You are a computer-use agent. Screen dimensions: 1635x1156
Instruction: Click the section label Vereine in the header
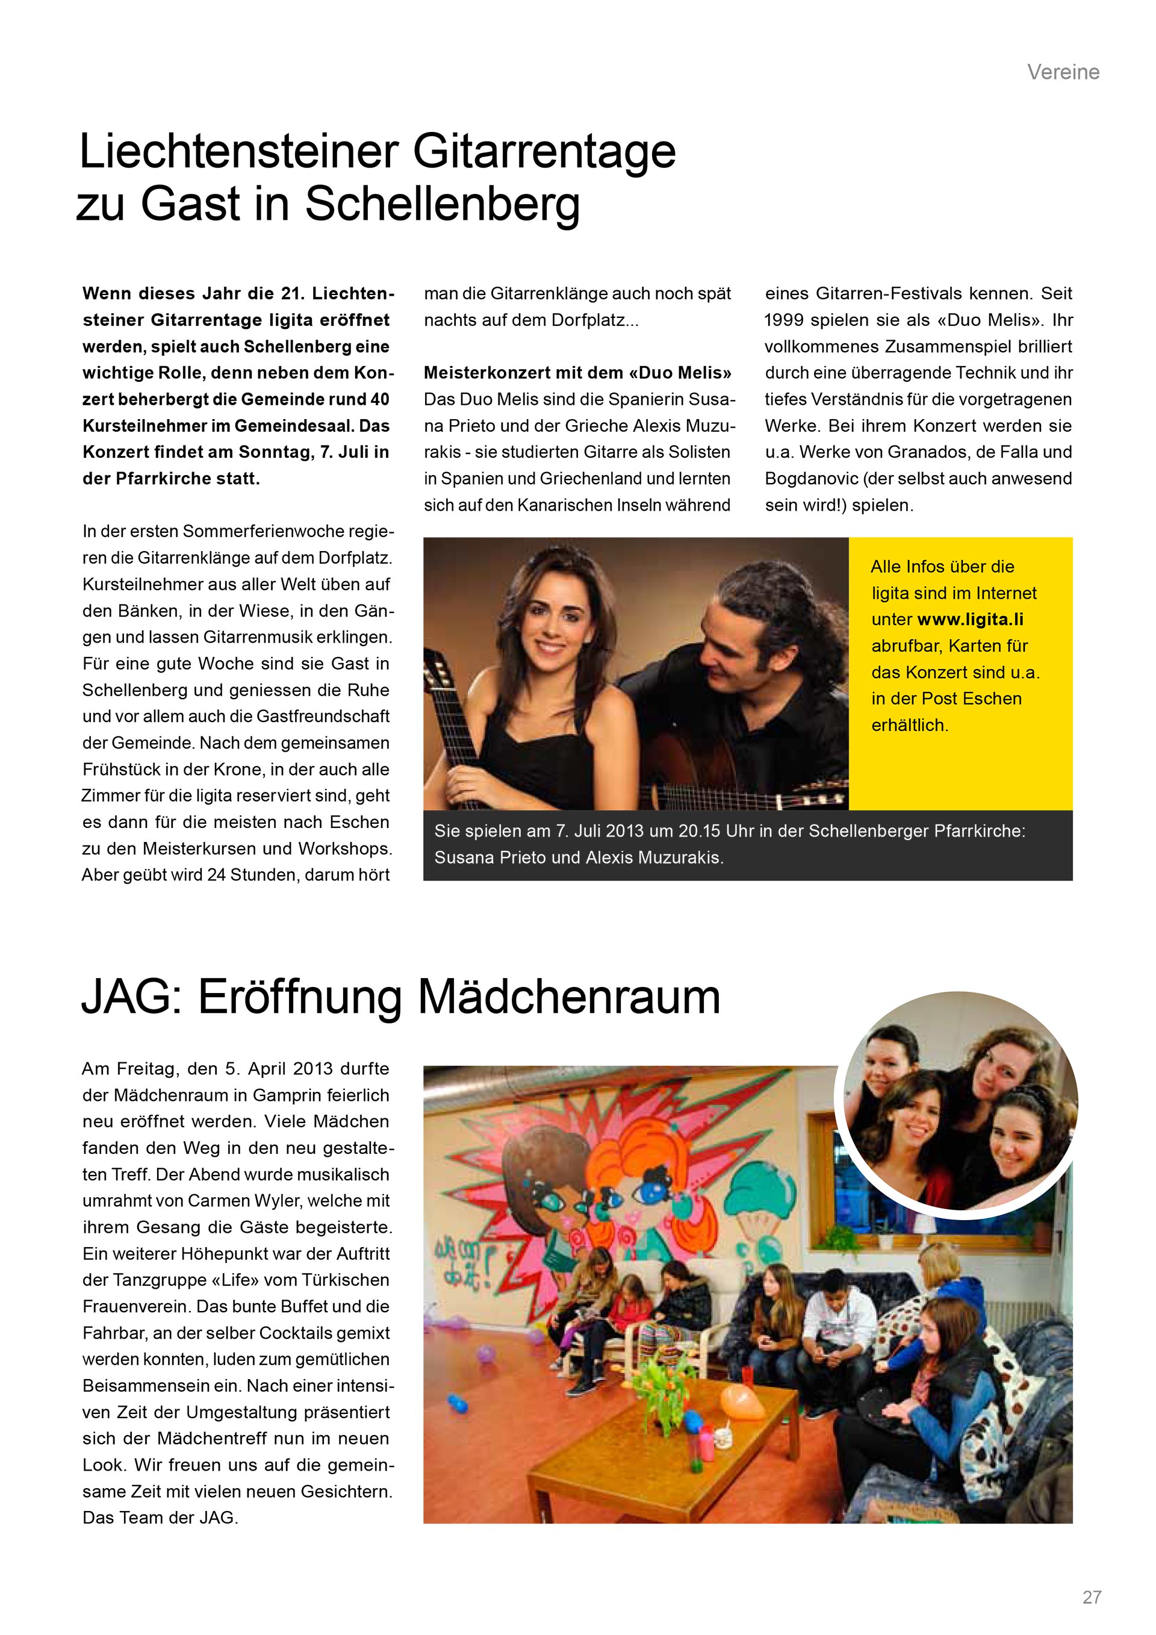[1063, 72]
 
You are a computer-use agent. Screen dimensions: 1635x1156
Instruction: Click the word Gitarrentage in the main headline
[544, 152]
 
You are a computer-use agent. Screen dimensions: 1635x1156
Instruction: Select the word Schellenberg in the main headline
[442, 204]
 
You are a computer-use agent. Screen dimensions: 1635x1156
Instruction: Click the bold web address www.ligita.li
[970, 620]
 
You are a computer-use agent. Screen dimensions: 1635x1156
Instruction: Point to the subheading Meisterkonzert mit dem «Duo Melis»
[577, 372]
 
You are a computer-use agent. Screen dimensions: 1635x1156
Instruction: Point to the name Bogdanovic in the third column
[811, 479]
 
